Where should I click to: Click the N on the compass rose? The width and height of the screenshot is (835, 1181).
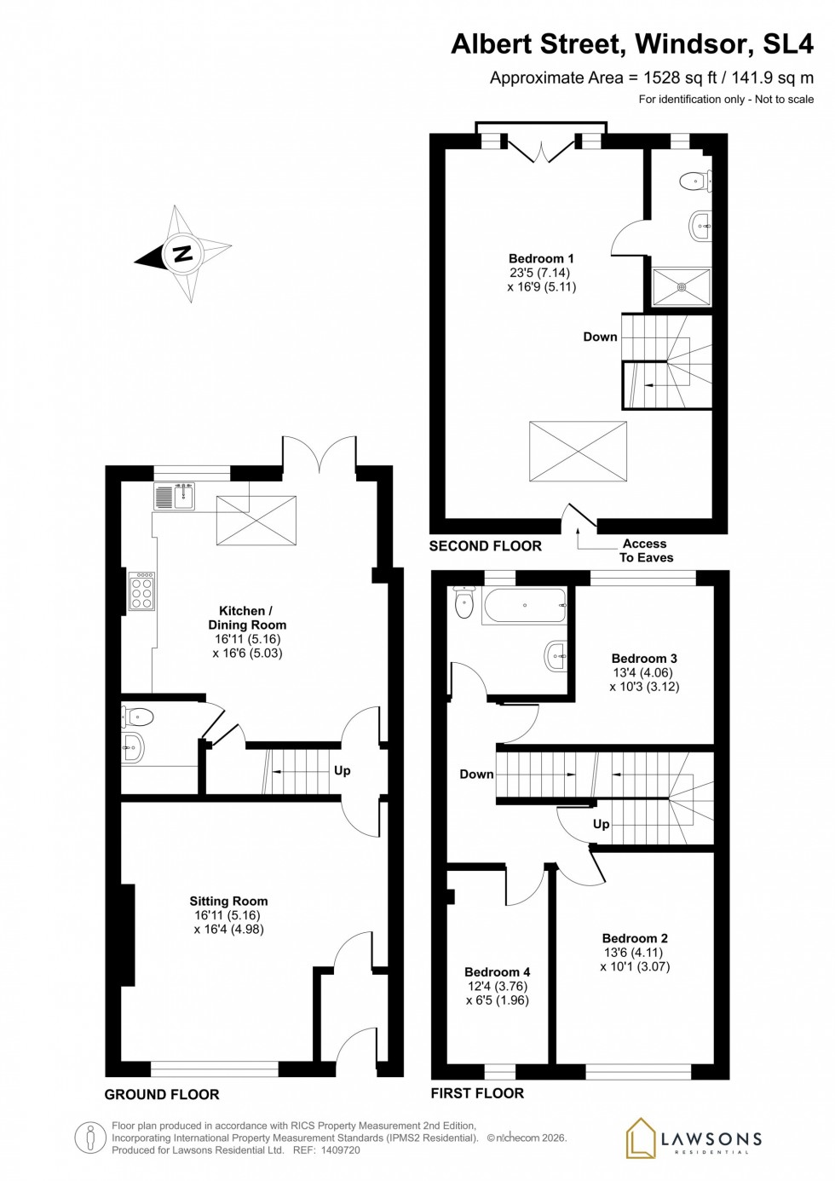pos(182,253)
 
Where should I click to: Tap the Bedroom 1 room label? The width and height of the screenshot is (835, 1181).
pos(541,259)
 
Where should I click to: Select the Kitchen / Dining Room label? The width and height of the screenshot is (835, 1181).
pos(247,618)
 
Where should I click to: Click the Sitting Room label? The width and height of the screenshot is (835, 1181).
pos(228,901)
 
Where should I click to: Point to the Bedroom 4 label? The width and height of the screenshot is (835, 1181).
pos(498,972)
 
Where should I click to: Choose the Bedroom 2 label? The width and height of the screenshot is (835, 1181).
pos(635,938)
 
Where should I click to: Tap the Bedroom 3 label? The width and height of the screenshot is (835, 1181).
pos(644,658)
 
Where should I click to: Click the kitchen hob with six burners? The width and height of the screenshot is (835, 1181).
pos(141,590)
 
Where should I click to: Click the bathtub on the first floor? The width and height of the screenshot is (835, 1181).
pos(524,606)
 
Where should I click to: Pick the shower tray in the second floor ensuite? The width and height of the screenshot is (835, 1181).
pos(681,287)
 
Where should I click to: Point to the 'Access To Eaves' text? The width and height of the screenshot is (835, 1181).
pos(645,550)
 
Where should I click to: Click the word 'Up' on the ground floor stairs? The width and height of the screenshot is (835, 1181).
pos(343,770)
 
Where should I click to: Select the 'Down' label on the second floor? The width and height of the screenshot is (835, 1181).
pos(600,337)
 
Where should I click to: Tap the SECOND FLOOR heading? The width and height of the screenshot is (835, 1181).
pos(485,546)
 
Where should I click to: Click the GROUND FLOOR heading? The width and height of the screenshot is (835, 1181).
pos(162,1094)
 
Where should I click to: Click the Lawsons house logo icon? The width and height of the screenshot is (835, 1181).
pos(641,1138)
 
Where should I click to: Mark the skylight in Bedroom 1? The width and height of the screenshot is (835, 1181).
pos(579,452)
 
